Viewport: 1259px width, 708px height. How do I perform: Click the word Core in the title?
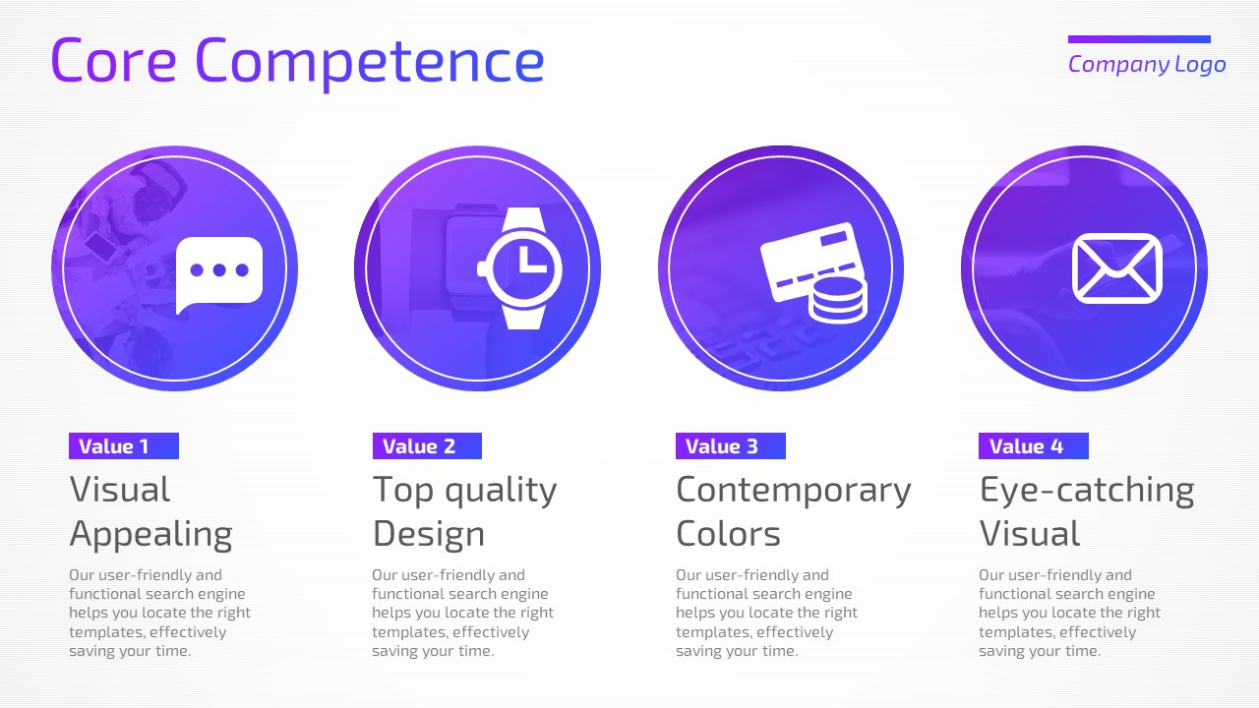[x=113, y=60]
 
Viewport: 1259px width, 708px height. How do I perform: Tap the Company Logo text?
[x=1147, y=65]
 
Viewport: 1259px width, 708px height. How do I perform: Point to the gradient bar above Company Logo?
[x=1139, y=39]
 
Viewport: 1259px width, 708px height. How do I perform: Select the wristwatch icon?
[x=520, y=268]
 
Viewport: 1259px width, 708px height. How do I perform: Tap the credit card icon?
[x=809, y=262]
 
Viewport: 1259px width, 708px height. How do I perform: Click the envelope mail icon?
[x=1116, y=268]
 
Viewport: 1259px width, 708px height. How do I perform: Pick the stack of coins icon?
[x=837, y=301]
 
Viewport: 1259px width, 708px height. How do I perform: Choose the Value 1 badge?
[x=124, y=446]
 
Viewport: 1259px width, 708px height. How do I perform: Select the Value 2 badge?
[x=427, y=446]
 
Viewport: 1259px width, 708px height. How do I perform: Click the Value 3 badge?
[x=731, y=446]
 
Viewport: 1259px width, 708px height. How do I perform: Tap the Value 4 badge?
[x=1034, y=446]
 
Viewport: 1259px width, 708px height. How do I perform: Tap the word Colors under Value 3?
[x=729, y=533]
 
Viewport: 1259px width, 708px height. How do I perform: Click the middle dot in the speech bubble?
[x=219, y=270]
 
